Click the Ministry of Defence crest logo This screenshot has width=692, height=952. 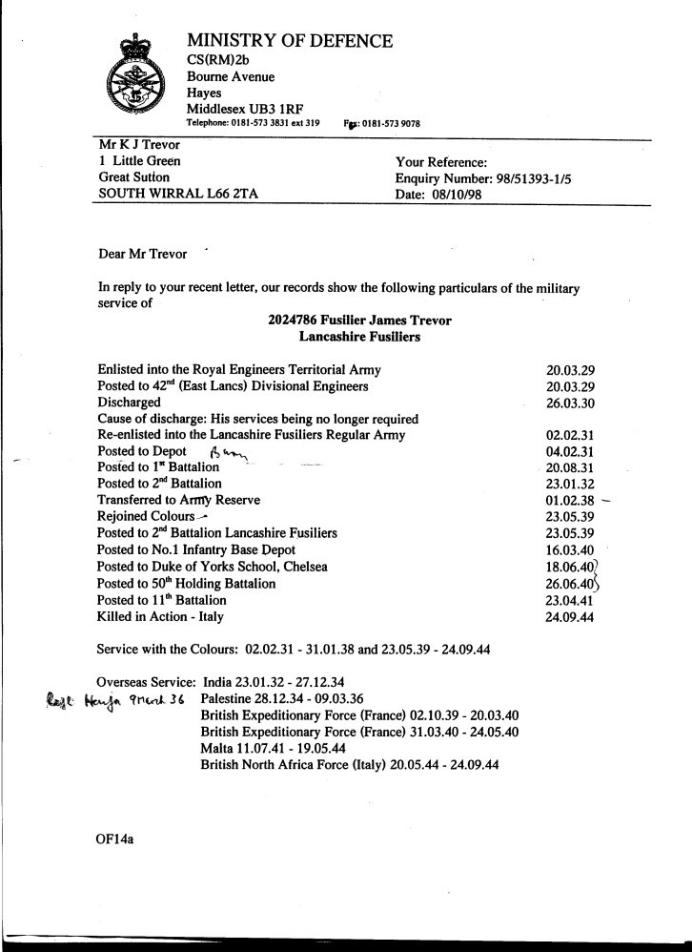(x=137, y=81)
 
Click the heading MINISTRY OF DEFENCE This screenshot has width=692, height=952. (x=290, y=41)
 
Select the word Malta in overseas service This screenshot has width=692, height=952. (x=218, y=749)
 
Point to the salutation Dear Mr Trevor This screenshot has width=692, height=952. (x=143, y=255)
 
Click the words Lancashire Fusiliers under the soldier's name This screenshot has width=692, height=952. (x=359, y=337)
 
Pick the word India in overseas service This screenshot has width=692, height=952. (x=218, y=683)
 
